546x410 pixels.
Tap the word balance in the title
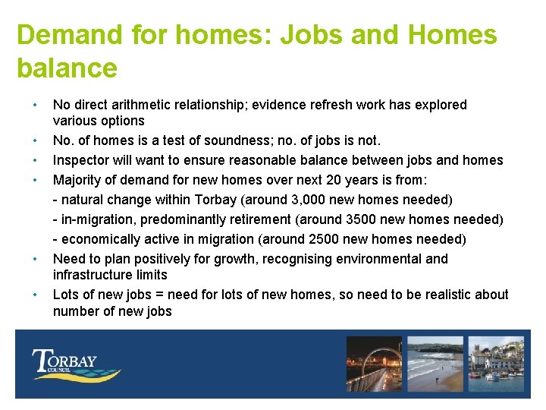[x=67, y=68]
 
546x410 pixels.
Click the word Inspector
[x=81, y=160]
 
